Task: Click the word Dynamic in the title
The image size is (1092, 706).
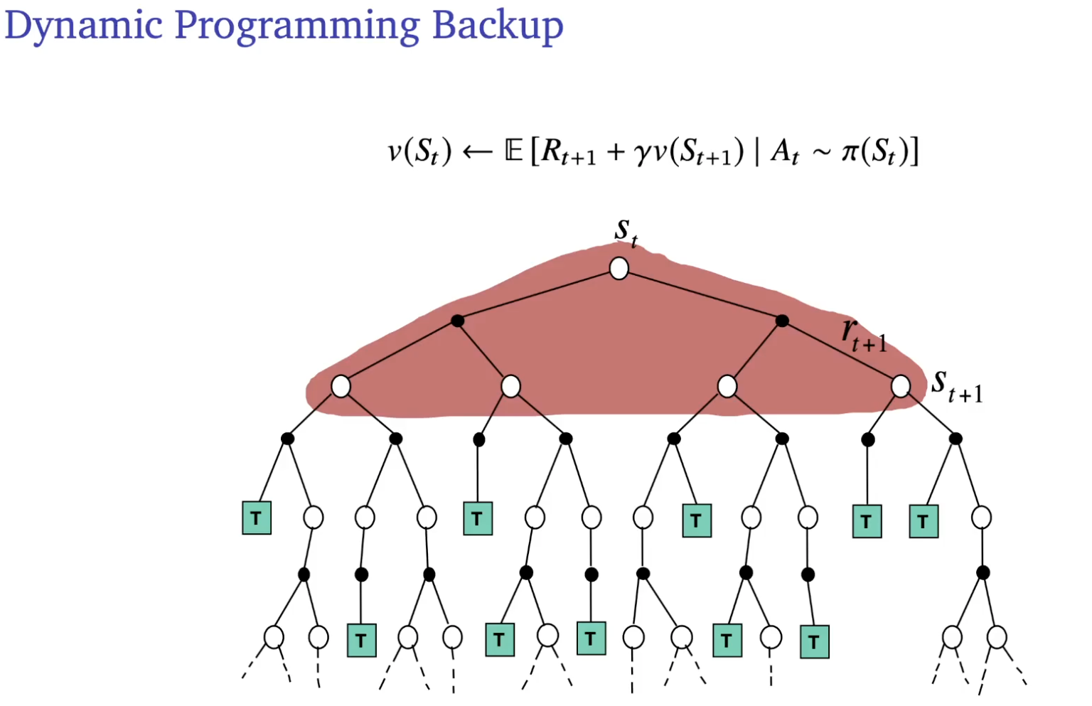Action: (x=84, y=26)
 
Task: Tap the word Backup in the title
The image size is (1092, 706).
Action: (x=498, y=26)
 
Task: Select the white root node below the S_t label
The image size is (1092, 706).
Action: (x=619, y=269)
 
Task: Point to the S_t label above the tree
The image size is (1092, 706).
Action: (x=626, y=232)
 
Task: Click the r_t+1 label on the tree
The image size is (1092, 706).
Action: (x=863, y=336)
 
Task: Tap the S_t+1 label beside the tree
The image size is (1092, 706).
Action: (x=957, y=387)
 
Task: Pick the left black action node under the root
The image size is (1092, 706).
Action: (x=458, y=321)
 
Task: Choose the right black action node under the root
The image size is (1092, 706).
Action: (x=782, y=321)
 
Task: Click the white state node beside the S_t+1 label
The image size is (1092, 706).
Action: (x=901, y=386)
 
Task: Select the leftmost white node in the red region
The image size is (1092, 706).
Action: (x=341, y=386)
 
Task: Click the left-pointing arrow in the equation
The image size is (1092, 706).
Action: (x=477, y=152)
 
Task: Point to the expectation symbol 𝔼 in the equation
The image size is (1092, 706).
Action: (x=513, y=151)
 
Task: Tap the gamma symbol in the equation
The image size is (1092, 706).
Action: (x=642, y=154)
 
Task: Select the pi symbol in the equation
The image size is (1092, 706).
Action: (x=850, y=152)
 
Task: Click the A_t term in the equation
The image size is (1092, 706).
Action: (x=785, y=152)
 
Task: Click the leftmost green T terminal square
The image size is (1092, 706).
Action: (x=257, y=518)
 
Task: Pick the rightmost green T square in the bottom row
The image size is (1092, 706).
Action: (x=814, y=642)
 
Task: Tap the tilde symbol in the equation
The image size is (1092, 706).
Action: (x=821, y=154)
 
